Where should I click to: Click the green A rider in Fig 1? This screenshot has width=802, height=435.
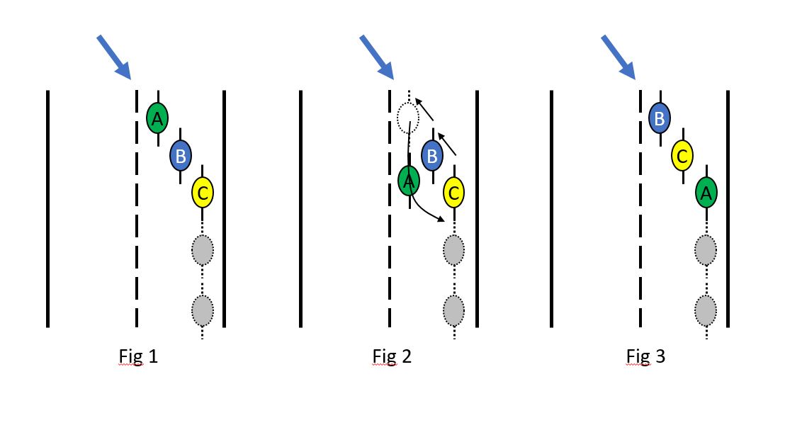point(157,118)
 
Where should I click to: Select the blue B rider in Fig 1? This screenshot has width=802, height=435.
point(180,155)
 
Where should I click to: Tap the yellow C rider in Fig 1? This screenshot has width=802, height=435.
point(203,191)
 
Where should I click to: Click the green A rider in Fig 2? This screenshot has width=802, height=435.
point(408,181)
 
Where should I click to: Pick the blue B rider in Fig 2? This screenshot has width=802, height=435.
point(432,154)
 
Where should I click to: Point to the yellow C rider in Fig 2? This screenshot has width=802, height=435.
point(454,191)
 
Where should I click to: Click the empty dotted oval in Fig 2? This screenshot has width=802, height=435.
point(408,118)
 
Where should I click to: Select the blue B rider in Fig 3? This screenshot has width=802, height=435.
point(660,118)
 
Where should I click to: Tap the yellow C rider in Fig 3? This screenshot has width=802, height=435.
point(682,156)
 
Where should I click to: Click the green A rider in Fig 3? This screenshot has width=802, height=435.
point(706,191)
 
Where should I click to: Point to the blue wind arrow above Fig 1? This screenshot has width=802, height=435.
point(113,56)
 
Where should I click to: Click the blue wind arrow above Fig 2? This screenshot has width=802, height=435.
point(376,57)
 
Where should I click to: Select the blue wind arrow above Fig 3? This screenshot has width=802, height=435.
point(619,57)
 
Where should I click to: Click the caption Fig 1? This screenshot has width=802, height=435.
point(138,356)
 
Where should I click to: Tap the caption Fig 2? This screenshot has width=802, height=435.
point(392,356)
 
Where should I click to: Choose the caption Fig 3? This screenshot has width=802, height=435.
point(645,356)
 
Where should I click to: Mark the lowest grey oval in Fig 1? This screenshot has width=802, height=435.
point(203,310)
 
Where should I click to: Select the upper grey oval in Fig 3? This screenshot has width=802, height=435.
point(706,249)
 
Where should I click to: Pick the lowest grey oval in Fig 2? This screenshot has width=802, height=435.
point(454,310)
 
